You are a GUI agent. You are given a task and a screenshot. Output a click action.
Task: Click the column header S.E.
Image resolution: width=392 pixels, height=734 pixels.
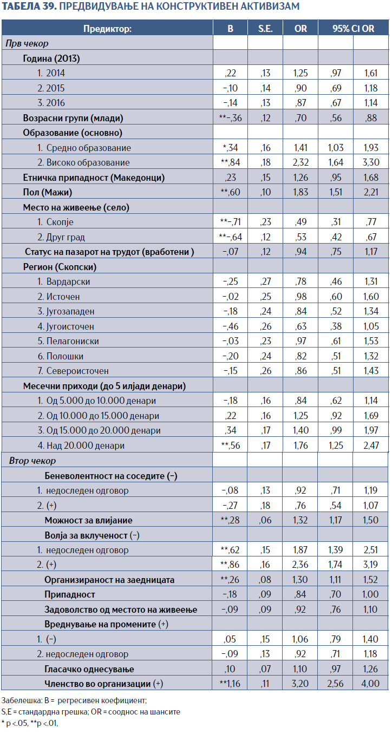point(265,29)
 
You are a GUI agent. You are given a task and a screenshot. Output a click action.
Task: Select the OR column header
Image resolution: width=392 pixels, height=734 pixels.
point(300,29)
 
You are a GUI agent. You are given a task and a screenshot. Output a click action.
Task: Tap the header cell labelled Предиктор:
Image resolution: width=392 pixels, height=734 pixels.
point(107,29)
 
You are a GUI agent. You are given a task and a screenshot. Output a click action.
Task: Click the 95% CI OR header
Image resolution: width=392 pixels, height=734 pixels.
point(353,29)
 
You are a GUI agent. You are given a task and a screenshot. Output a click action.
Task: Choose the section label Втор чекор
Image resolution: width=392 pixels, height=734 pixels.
point(32,461)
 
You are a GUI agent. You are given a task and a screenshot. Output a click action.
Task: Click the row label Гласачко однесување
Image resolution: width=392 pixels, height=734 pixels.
point(89,669)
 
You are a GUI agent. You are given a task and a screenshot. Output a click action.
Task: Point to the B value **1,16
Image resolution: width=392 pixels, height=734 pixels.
point(230,684)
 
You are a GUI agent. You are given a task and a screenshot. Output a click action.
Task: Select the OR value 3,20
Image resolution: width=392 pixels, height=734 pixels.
point(300,684)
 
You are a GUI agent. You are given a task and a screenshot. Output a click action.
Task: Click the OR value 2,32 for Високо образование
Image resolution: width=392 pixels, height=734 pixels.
point(300,162)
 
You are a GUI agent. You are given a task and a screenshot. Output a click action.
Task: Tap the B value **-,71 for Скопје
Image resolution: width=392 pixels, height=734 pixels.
point(230,222)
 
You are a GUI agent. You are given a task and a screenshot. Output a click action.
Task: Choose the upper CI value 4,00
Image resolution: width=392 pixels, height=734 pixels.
point(371,684)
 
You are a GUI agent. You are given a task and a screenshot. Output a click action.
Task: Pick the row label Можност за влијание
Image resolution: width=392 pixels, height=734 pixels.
point(88,520)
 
